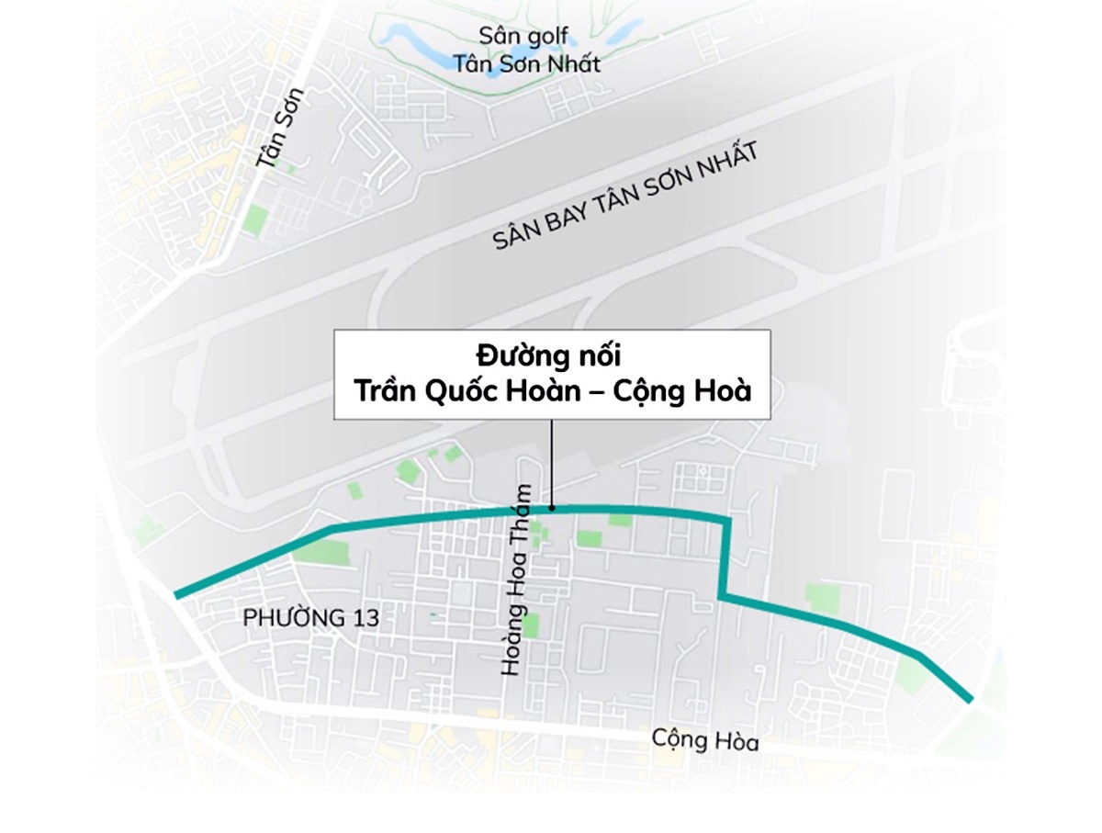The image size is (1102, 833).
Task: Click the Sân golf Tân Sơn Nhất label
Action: click(526, 50)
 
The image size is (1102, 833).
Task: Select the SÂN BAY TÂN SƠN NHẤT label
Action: click(625, 197)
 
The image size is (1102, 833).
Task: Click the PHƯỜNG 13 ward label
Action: click(310, 618)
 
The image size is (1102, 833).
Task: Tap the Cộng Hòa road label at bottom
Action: click(705, 738)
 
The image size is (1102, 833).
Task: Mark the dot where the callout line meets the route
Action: click(551, 508)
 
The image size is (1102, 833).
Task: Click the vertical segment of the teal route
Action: click(725, 558)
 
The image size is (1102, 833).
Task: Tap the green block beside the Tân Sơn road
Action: click(255, 220)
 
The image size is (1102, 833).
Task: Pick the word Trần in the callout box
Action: click(384, 390)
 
